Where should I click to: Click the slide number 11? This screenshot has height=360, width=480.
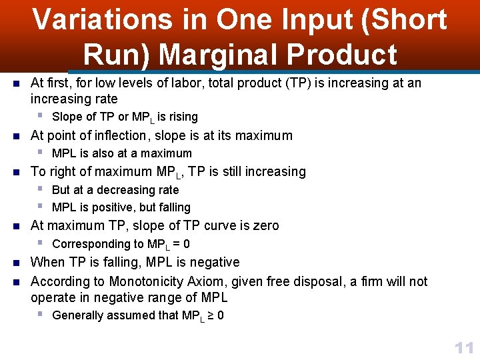pos(463,347)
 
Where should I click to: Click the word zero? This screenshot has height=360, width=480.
pos(264,226)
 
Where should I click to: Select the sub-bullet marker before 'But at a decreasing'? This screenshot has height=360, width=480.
pos(40,189)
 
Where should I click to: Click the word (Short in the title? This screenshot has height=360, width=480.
pos(403,20)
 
